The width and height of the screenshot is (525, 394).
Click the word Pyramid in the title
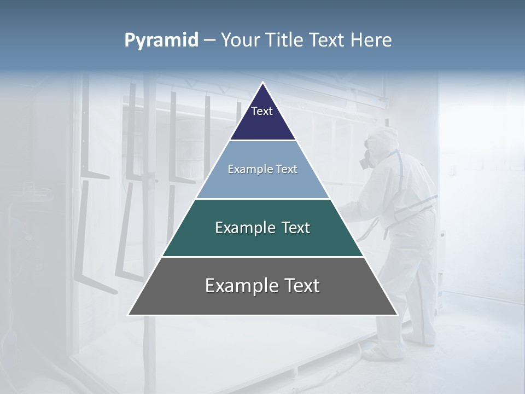(161, 40)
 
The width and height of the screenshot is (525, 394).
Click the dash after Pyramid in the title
(209, 40)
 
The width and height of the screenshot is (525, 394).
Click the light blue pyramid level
(262, 183)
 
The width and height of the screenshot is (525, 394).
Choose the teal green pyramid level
(262, 241)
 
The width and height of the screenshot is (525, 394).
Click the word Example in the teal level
(244, 228)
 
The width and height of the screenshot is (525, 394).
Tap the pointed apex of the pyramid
(262, 83)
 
